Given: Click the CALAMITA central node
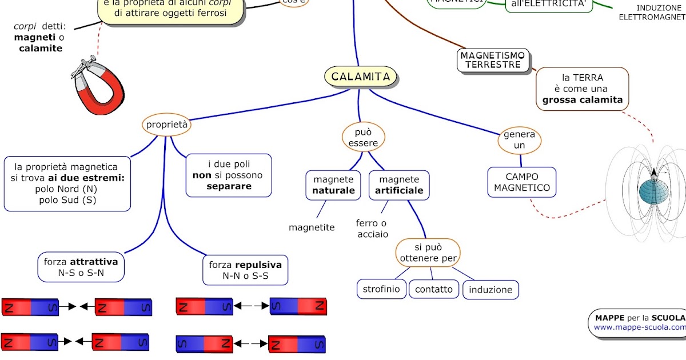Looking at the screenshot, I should (361, 77).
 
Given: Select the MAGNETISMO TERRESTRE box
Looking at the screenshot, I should (494, 60).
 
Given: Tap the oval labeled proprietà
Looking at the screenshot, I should (166, 124).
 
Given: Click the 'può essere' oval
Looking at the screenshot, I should (364, 137).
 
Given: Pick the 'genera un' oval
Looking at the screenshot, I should (519, 140).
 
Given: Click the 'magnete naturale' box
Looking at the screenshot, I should (333, 185).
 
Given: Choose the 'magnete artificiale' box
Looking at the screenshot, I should (399, 185).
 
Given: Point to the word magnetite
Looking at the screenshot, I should (312, 227).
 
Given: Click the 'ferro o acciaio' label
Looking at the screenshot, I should (372, 229).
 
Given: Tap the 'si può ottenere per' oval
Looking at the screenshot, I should (428, 253).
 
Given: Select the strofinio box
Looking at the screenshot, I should (381, 289).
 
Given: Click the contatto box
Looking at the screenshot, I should (434, 289).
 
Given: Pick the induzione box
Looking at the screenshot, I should (490, 290).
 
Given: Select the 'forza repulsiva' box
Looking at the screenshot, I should (245, 270).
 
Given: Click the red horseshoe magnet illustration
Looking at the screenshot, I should (98, 86).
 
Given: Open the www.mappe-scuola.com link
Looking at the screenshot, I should (639, 327).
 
